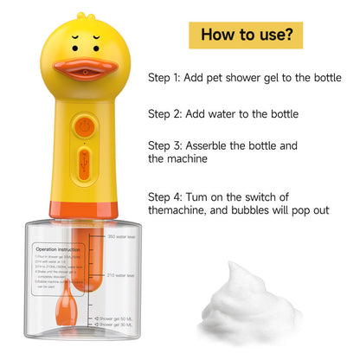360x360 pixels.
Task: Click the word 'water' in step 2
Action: click(x=232, y=113)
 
